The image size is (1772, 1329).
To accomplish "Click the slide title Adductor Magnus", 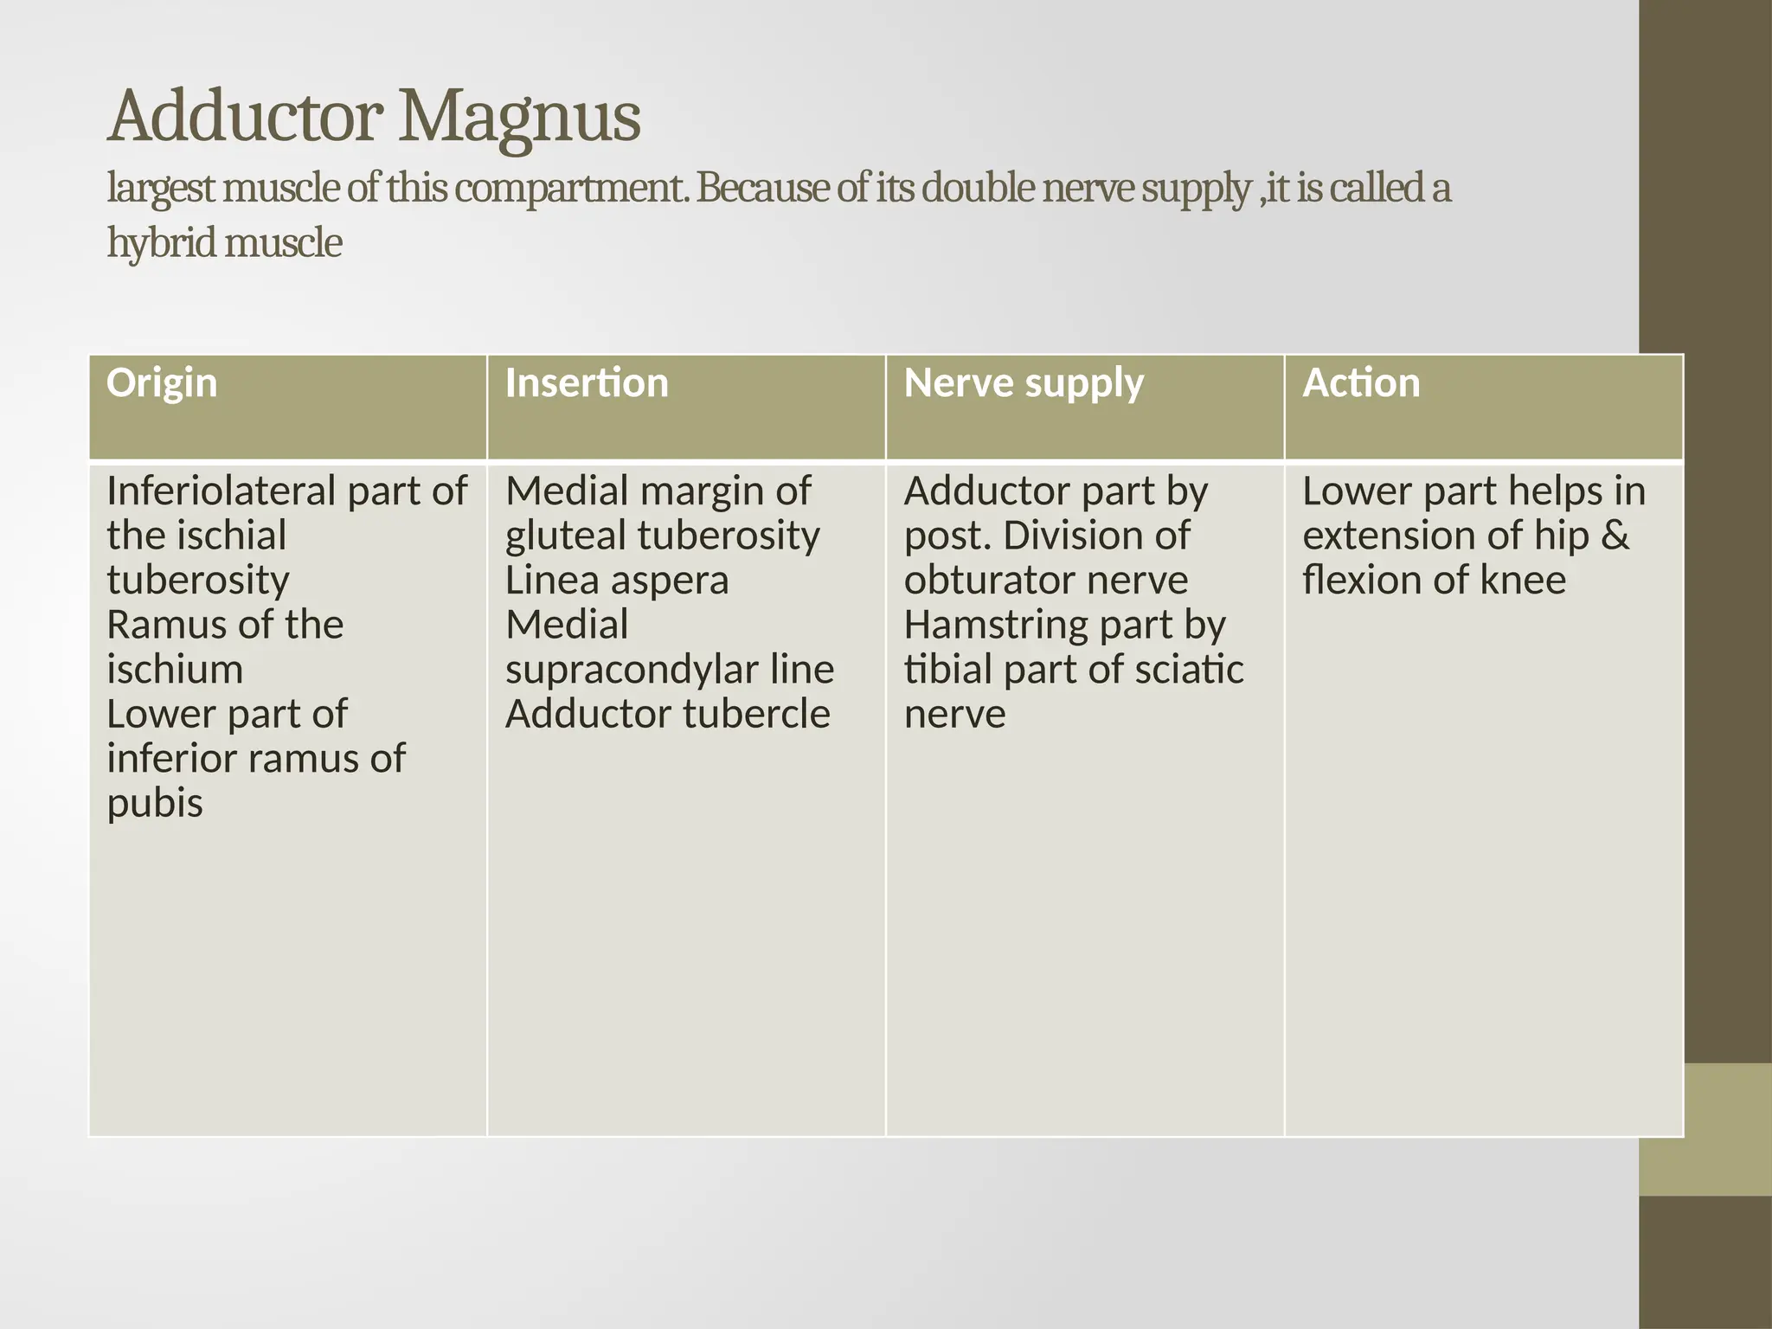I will point(374,117).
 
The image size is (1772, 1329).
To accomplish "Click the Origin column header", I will point(162,383).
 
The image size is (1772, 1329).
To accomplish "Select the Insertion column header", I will point(587,383).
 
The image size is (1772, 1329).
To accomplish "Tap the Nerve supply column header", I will point(1024,383).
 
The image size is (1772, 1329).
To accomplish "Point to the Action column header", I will point(1361,383).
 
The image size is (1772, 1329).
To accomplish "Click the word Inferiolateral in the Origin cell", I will point(221,491).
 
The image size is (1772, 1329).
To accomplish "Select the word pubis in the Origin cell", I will point(155,804).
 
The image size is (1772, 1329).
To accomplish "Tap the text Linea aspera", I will point(617,581).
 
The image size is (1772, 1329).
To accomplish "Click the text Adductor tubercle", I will point(667,715).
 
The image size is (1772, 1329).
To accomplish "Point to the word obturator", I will point(982,581).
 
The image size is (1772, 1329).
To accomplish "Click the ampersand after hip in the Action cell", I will point(1615,536).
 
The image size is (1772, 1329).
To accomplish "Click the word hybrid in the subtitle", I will point(161,243).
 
